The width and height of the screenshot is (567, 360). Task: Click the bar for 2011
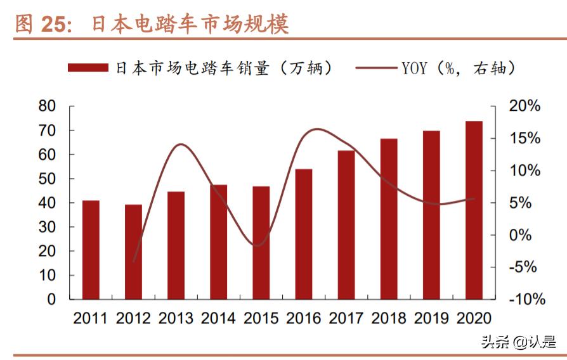(x=91, y=250)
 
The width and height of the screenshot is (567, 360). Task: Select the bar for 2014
(x=218, y=241)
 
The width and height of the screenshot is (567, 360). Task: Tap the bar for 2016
(x=303, y=234)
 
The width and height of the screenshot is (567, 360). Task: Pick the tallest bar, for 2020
(x=474, y=210)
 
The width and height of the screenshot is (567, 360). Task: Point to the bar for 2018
(x=389, y=219)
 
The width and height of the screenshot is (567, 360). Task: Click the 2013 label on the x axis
(x=176, y=318)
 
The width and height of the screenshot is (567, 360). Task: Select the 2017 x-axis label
(x=346, y=318)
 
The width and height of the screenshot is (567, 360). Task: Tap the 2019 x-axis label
(x=431, y=318)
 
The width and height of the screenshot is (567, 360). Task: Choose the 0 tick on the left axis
(x=52, y=299)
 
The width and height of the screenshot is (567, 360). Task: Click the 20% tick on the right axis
(x=525, y=106)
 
